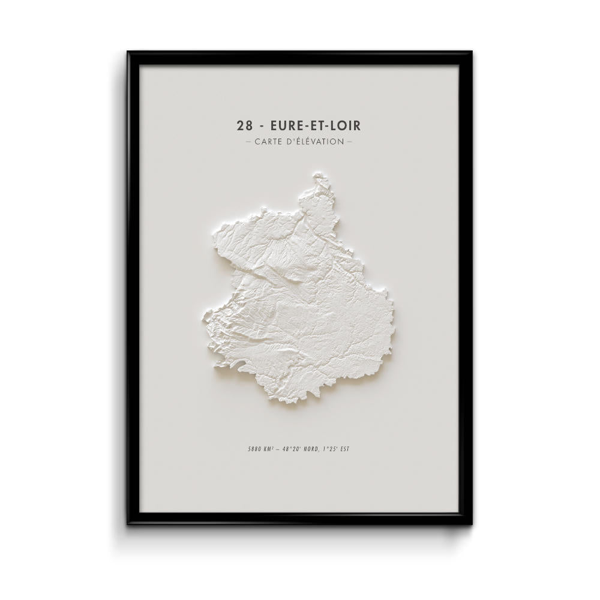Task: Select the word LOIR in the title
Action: [x=345, y=125]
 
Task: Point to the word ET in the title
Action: [x=316, y=125]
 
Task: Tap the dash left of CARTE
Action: [x=248, y=142]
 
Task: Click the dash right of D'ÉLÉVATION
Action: [x=350, y=142]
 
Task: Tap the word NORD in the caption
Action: [x=316, y=449]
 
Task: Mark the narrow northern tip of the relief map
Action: [x=319, y=176]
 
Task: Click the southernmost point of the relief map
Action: [x=292, y=406]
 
